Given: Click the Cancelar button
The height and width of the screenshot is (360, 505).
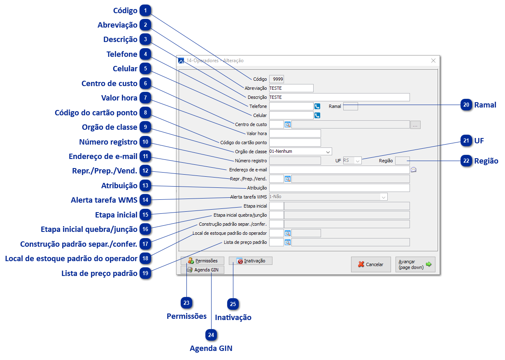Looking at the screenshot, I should (x=371, y=264).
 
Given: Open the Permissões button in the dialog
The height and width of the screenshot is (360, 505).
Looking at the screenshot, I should (x=202, y=261).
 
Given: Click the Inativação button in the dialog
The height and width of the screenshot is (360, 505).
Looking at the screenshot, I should (x=251, y=261).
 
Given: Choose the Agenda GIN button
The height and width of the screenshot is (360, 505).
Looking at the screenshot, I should (x=202, y=270).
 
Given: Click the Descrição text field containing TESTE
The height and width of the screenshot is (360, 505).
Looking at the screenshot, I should (x=339, y=97).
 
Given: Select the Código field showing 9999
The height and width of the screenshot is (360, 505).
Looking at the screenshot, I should (x=277, y=79).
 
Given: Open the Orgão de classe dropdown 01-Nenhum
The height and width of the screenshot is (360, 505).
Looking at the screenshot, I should (x=300, y=151).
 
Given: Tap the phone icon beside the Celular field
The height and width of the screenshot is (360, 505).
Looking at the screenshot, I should (x=317, y=115).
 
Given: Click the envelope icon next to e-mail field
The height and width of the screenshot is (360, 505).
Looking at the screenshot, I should (x=414, y=169).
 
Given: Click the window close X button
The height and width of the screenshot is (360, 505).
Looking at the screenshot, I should (x=433, y=61).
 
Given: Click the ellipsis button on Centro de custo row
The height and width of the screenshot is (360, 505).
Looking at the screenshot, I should (x=415, y=124).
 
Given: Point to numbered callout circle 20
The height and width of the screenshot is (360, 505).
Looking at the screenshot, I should (x=466, y=105).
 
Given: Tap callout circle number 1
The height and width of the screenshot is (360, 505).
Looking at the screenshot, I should (x=145, y=11).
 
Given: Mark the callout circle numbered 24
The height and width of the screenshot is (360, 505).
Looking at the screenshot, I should (x=211, y=335).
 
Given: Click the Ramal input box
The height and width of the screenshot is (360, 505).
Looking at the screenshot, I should (x=351, y=106).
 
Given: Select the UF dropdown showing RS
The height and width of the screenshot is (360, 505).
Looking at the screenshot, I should (x=352, y=161).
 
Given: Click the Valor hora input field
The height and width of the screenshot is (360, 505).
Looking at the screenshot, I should (x=295, y=133).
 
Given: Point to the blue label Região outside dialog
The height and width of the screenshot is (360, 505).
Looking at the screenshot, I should (x=486, y=161).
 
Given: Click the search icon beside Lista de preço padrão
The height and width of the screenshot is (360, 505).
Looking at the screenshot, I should (x=288, y=242).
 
